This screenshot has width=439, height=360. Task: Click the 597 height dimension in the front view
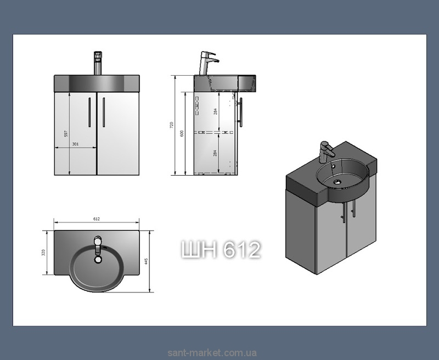tap(66, 133)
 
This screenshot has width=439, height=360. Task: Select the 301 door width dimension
tap(75, 144)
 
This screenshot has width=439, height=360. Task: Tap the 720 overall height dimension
tap(172, 125)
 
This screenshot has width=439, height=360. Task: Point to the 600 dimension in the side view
tap(182, 133)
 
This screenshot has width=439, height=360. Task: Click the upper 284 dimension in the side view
tap(215, 112)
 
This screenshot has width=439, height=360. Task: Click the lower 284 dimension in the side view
tap(215, 153)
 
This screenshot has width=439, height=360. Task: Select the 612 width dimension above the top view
tap(97, 219)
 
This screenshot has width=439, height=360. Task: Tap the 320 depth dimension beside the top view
tap(43, 253)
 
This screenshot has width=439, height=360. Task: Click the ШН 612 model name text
tap(221, 250)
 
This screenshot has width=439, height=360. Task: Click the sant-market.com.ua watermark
tap(212, 353)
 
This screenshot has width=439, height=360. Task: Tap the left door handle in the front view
tap(89, 113)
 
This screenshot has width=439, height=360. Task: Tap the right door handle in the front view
tap(104, 113)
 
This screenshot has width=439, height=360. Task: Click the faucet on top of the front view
tap(98, 63)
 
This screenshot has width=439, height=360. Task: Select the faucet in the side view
tap(209, 63)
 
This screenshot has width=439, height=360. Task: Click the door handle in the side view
tap(240, 113)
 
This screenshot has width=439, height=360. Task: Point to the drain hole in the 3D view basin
tap(338, 183)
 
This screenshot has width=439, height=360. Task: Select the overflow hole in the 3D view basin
tap(333, 167)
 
